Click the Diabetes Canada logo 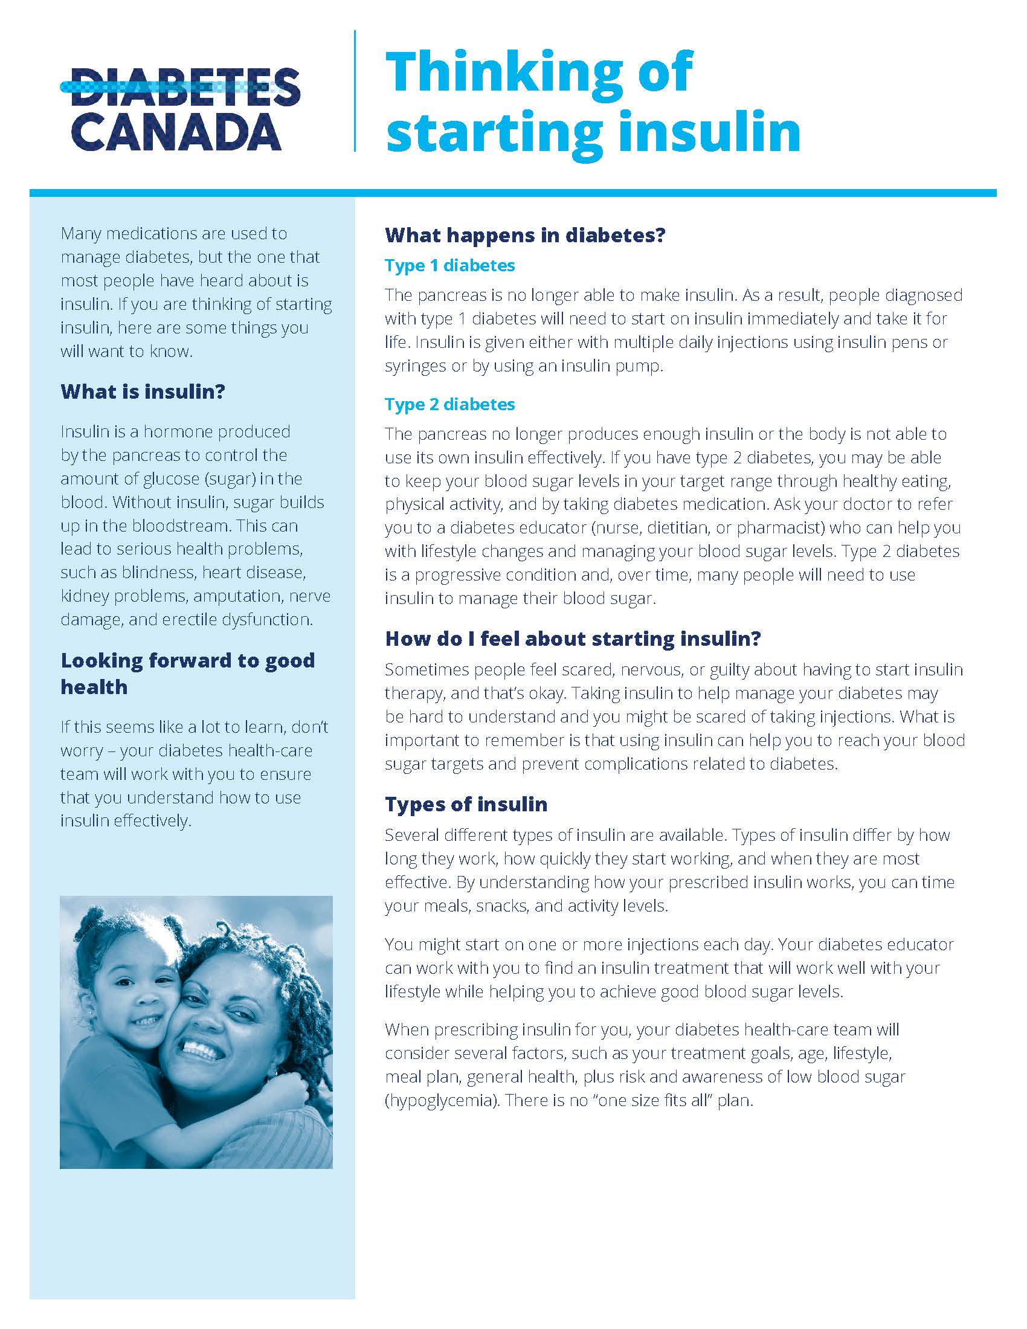pos(179,109)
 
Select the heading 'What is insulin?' pos(143,391)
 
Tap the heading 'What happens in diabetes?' pos(526,235)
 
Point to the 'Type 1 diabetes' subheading pos(449,265)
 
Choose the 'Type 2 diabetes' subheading pos(449,404)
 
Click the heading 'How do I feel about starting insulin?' pos(573,639)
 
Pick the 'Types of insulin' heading pos(466,804)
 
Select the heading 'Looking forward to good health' pos(187,673)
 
